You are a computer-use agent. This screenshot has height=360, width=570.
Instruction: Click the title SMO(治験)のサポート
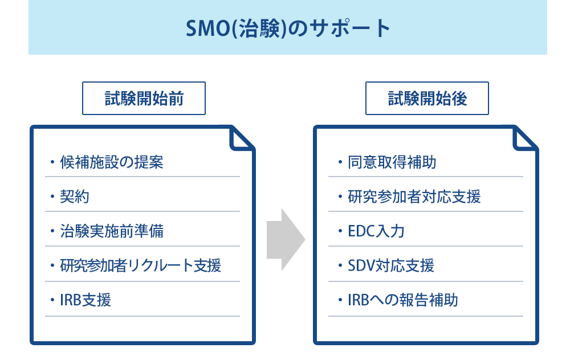point(288,28)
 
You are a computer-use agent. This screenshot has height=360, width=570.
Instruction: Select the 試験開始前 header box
point(144,99)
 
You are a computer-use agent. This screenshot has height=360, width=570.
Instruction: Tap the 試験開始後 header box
point(427,99)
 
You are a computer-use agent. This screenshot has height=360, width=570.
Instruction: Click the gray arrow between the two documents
point(286,239)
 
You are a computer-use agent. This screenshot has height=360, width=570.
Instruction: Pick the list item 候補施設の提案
point(112,162)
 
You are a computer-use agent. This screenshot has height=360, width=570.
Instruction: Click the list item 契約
point(75,197)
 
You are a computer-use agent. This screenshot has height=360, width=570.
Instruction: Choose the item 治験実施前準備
point(112,231)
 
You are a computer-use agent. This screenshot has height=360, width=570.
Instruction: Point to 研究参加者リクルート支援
point(140,265)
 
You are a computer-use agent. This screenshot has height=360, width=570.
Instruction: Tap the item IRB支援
point(85,300)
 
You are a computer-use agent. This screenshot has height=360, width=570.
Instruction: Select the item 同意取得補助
point(392,162)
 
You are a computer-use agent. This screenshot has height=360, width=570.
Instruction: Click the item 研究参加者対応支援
point(414,197)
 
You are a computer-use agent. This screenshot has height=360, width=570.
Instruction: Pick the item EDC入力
point(376,231)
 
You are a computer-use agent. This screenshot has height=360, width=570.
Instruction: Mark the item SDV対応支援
point(391,265)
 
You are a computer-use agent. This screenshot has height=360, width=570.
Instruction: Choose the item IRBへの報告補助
point(403,300)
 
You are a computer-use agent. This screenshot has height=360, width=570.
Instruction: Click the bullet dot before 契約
point(52,197)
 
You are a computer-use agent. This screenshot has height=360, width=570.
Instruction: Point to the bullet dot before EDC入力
point(340,231)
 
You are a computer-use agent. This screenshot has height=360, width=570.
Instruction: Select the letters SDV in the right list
point(361,265)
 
